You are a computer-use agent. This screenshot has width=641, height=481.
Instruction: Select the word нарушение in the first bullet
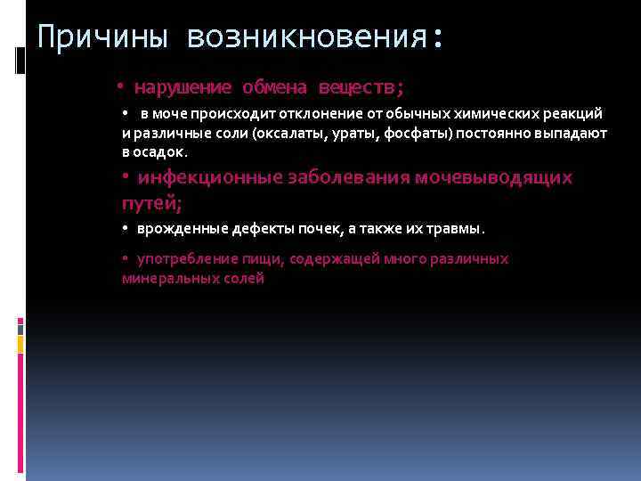click(183, 87)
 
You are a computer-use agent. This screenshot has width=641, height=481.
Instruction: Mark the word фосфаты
click(422, 133)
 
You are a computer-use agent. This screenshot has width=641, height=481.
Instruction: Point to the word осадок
click(160, 151)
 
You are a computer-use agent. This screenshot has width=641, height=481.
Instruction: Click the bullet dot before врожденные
click(126, 229)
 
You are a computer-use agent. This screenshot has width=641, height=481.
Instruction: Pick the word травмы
click(453, 229)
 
